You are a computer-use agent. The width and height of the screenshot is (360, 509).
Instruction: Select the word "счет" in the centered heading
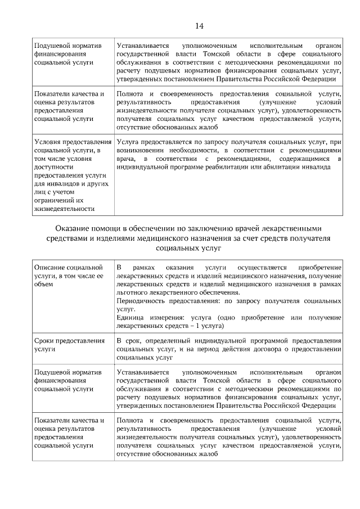tap(240, 238)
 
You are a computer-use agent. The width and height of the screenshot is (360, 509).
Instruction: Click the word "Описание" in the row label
tap(49, 268)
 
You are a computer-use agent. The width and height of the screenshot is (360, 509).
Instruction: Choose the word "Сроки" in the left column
tap(44, 341)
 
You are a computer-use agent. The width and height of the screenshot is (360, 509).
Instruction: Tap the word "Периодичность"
tap(141, 301)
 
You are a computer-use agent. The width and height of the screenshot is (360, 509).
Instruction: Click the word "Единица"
tap(130, 318)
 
